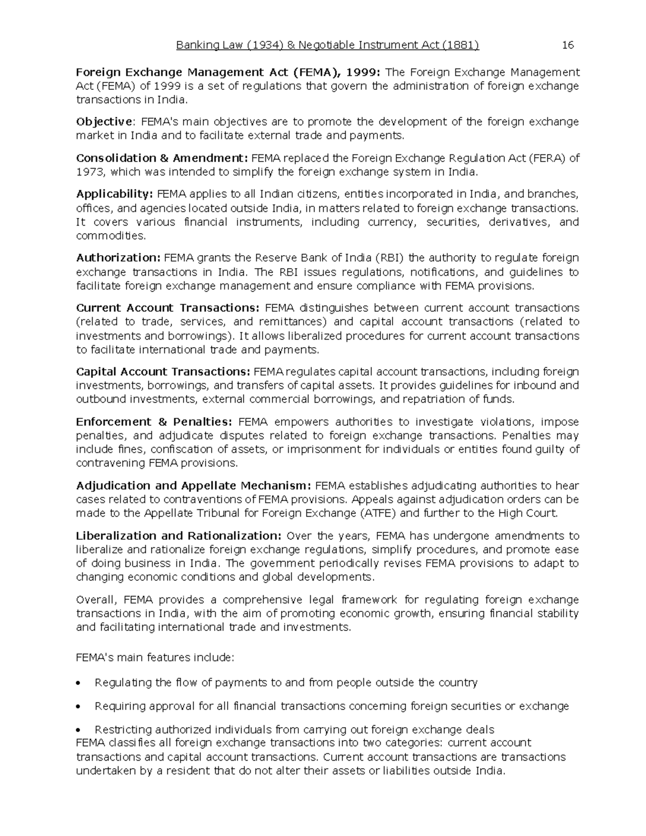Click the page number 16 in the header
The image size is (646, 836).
tap(568, 45)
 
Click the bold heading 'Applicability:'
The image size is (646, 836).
tap(115, 194)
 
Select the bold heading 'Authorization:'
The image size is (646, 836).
tap(118, 258)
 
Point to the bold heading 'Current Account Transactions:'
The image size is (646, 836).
tap(168, 308)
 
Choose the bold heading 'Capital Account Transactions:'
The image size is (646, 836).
tap(163, 371)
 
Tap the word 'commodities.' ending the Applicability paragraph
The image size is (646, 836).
tap(111, 236)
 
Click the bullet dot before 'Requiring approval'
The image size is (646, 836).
tap(80, 707)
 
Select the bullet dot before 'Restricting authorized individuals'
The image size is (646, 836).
tap(80, 730)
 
